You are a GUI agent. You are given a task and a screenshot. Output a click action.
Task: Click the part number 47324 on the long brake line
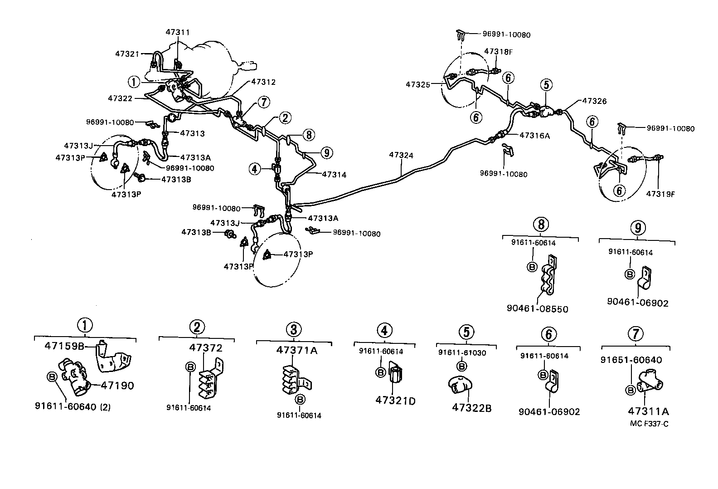pos(401,155)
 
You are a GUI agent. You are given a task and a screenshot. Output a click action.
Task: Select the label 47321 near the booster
pos(127,53)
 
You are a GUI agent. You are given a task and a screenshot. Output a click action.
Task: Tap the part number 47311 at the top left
pos(178,32)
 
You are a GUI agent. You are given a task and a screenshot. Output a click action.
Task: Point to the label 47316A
pos(535,135)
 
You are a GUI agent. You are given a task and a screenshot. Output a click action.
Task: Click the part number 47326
pos(595,101)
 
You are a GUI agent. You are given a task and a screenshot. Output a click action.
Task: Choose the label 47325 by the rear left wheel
pos(418,84)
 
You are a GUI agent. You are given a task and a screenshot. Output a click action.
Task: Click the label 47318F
pos(498,51)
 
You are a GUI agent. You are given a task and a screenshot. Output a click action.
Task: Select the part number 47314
pos(335,174)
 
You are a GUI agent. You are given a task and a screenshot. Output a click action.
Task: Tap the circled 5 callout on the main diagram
pos(546,84)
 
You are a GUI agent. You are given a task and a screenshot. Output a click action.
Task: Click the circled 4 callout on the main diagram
pos(255,169)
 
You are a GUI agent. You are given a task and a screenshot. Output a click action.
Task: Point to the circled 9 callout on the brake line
pos(326,152)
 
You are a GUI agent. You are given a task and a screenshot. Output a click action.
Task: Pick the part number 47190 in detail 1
pos(117,386)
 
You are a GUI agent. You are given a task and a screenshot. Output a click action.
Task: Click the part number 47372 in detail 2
pos(206,348)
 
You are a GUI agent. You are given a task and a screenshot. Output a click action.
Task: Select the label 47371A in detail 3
pos(297,350)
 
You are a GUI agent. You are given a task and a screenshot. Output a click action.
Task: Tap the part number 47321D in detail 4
pos(395,401)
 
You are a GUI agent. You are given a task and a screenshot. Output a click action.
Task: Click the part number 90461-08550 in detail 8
pos(538,309)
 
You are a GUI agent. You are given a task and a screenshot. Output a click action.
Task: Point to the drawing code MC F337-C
pos(649,424)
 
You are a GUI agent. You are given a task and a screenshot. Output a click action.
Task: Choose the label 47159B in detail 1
pos(64,346)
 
